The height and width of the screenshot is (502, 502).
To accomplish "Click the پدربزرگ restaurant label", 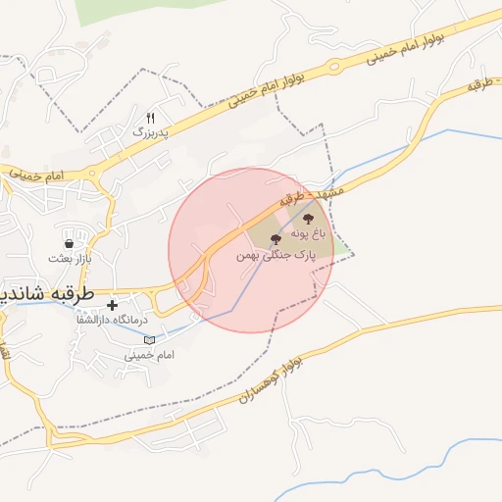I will tap(151, 130).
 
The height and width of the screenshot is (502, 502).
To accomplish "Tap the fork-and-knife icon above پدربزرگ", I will tap(150, 117).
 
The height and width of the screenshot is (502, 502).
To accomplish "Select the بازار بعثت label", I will tap(69, 259).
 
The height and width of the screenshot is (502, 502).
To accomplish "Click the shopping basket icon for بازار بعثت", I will tap(69, 244).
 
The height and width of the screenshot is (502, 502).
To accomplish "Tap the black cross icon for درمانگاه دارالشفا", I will tap(113, 305).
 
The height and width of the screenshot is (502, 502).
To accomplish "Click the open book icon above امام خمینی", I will tap(150, 339).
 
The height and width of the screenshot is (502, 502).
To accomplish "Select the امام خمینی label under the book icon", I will tap(149, 354).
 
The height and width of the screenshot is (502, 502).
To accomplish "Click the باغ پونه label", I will tap(307, 234).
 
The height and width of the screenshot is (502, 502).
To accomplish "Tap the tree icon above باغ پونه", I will tap(308, 220).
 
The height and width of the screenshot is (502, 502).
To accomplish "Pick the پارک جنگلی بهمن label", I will tap(274, 254).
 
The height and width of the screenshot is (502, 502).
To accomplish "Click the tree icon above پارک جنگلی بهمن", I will tap(275, 238).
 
